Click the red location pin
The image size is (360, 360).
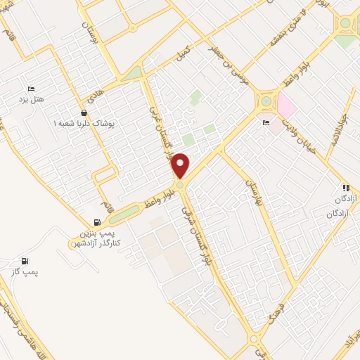coord(181,166)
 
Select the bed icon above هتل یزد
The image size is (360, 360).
coord(30,89)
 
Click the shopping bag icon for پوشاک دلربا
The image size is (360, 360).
coord(84,112)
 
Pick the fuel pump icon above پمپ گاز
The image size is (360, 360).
coord(26,260)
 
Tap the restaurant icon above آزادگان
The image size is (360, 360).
coord(345,188)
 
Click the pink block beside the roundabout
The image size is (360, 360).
coord(286,107)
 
